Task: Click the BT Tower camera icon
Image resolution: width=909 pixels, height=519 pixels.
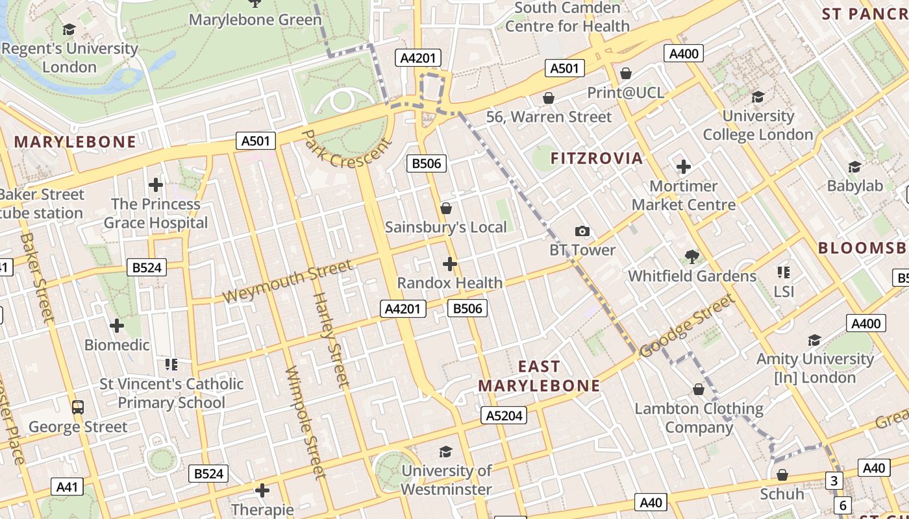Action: (x=582, y=232)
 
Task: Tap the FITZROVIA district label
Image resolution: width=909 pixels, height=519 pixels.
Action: (x=596, y=158)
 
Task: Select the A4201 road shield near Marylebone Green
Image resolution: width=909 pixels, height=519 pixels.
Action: (x=417, y=58)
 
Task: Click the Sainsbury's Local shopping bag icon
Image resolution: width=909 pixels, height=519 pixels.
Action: (x=446, y=208)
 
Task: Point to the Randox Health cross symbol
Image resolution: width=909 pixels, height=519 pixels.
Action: (x=449, y=264)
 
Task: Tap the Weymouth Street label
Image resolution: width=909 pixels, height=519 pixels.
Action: (x=288, y=282)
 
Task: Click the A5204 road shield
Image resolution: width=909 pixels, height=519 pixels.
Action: (x=504, y=415)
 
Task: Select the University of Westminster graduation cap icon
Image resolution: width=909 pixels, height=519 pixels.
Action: (x=445, y=452)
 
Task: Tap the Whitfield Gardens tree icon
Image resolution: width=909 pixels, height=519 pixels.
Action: (x=691, y=257)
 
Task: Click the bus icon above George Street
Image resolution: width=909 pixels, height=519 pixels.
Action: (x=78, y=407)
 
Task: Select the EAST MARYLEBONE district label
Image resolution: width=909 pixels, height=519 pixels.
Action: (x=539, y=376)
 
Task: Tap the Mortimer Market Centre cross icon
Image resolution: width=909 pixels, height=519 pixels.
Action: (x=683, y=167)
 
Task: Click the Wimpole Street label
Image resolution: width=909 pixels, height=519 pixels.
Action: (x=305, y=422)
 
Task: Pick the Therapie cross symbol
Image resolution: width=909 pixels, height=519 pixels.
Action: (x=262, y=490)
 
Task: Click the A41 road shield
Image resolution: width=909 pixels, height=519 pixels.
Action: (x=67, y=487)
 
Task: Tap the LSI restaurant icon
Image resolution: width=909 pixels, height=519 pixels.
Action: (x=784, y=272)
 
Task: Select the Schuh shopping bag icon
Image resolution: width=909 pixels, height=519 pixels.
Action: (x=782, y=476)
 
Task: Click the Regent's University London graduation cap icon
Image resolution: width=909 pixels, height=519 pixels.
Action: (x=69, y=30)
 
